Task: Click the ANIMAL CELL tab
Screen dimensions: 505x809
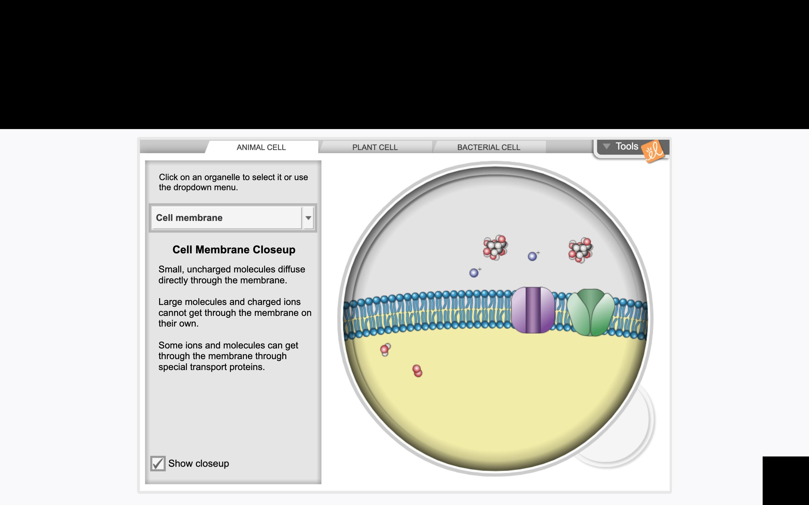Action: [x=261, y=147]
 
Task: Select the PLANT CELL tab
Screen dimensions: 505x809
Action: [x=375, y=147]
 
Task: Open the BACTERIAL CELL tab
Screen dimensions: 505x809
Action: [x=488, y=147]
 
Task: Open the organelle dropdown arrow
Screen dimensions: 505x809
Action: [x=308, y=218]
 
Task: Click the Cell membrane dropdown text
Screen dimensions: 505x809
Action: [x=189, y=218]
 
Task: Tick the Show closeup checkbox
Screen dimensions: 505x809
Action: [x=158, y=463]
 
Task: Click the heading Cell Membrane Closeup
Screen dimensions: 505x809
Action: [x=234, y=249]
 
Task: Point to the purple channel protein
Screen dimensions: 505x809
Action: [x=533, y=310]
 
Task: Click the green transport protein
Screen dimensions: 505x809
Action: [x=591, y=312]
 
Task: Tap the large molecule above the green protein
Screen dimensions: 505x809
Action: [x=581, y=250]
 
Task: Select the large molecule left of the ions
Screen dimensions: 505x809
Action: [x=496, y=247]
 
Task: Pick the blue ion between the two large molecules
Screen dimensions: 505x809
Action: [x=532, y=256]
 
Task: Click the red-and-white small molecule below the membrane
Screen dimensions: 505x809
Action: [x=385, y=349]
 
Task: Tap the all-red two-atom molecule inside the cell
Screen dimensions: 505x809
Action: [x=417, y=371]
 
